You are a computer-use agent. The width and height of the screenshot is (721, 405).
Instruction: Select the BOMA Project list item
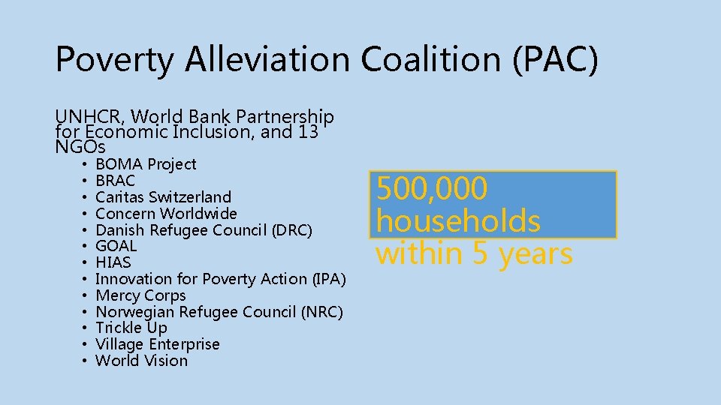click(x=146, y=164)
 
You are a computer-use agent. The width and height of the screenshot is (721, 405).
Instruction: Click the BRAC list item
click(x=116, y=181)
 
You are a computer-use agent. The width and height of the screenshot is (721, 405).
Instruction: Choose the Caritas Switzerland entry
click(x=164, y=197)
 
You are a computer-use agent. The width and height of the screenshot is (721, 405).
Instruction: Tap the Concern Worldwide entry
click(x=166, y=214)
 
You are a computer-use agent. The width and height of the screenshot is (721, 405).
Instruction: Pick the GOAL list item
click(x=116, y=246)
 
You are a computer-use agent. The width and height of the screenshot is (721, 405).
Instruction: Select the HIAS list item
click(x=113, y=262)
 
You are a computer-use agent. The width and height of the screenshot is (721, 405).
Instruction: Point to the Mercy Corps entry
click(x=140, y=295)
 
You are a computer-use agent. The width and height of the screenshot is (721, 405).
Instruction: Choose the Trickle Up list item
click(x=131, y=328)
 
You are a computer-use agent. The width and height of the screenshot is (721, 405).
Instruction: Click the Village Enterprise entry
click(x=158, y=344)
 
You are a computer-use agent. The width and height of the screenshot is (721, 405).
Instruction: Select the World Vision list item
click(x=142, y=361)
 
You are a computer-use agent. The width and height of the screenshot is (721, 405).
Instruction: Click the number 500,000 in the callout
click(x=432, y=188)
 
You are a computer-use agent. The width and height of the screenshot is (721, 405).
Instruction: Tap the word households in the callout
click(x=458, y=221)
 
